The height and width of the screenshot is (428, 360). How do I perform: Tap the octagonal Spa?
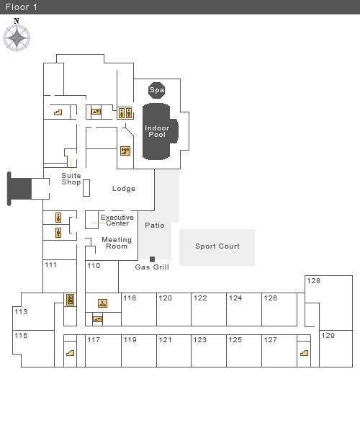point(157,90)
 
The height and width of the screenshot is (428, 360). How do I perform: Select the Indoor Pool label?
point(157,131)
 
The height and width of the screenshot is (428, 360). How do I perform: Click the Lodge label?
point(124,189)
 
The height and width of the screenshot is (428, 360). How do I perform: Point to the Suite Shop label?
point(71,179)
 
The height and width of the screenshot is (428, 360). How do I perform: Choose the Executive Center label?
point(117,220)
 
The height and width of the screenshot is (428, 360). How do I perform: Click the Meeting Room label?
point(117,243)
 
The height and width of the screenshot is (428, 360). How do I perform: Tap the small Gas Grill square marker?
point(153,259)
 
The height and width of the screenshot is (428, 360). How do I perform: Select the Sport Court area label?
point(217,246)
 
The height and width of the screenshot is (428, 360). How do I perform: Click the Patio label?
point(155,226)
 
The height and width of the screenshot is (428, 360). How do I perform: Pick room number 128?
point(314,281)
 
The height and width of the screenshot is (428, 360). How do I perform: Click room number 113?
point(21,312)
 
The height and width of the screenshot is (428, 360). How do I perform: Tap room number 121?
point(166,340)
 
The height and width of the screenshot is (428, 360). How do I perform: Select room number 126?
point(271,298)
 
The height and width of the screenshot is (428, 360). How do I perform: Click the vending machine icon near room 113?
point(70,300)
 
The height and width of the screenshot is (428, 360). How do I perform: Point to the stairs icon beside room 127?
point(304,353)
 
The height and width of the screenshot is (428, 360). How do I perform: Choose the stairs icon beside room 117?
point(70,353)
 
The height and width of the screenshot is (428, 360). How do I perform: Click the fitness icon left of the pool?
point(125,151)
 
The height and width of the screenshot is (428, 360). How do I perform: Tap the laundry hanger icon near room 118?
point(102,303)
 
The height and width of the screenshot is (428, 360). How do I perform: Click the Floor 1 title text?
point(22,7)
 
